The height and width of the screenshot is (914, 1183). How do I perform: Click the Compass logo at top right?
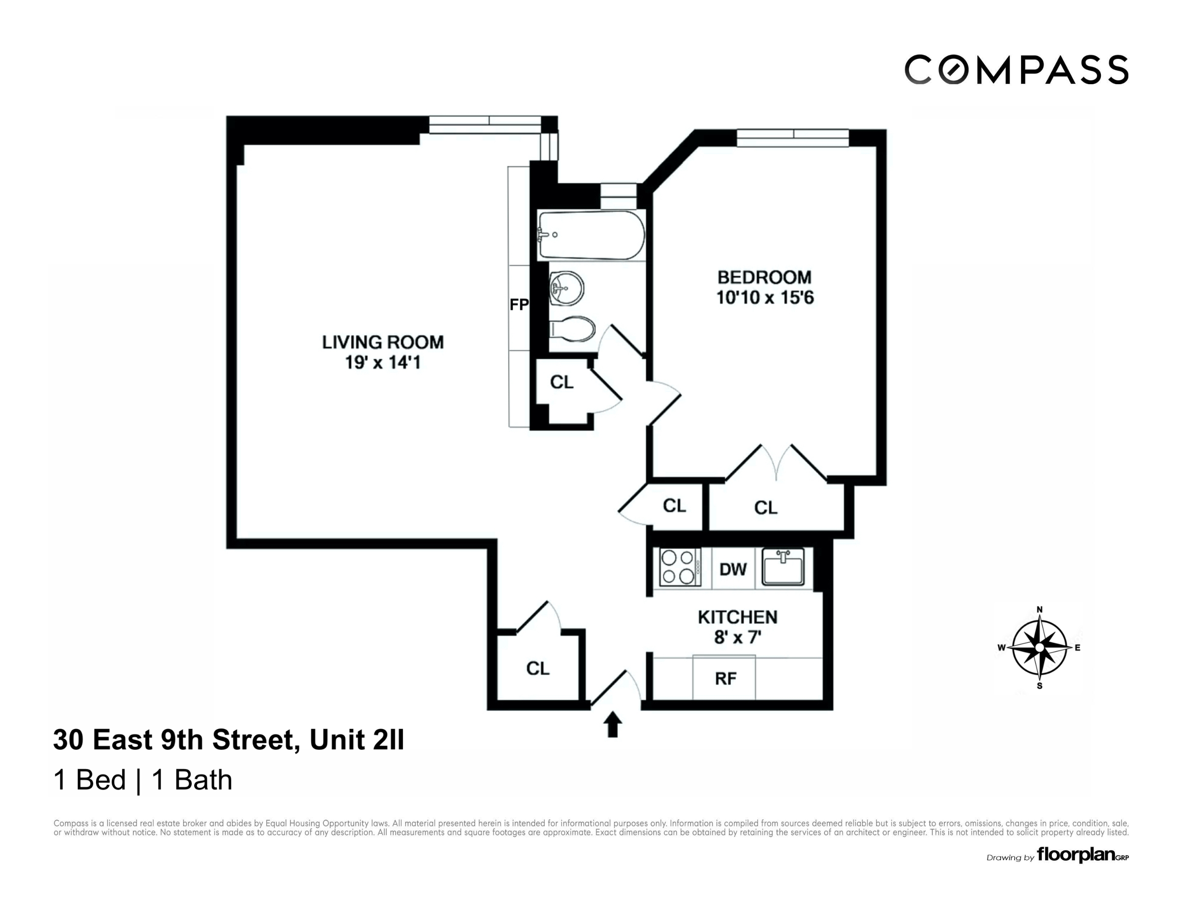pyautogui.click(x=1016, y=70)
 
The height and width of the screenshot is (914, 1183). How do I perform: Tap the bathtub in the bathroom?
pyautogui.click(x=591, y=236)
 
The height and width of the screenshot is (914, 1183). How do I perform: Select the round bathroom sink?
pyautogui.click(x=567, y=288)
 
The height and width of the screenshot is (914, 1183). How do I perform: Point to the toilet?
pyautogui.click(x=572, y=329)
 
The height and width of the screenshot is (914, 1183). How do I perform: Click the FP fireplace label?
pyautogui.click(x=518, y=305)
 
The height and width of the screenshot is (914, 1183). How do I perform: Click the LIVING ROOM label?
pyautogui.click(x=382, y=342)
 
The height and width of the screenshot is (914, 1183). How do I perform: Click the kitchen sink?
pyautogui.click(x=783, y=567)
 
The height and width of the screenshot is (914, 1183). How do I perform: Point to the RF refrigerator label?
pyautogui.click(x=725, y=679)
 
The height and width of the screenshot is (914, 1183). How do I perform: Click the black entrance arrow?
pyautogui.click(x=613, y=724)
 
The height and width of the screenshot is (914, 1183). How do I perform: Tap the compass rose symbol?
pyautogui.click(x=1039, y=647)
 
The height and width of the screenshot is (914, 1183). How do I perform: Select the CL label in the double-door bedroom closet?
pyautogui.click(x=765, y=508)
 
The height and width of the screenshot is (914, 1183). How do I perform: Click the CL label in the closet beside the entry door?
pyautogui.click(x=537, y=669)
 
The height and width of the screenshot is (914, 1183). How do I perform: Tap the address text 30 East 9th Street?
pyautogui.click(x=176, y=740)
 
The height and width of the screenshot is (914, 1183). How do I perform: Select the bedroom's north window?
pyautogui.click(x=792, y=138)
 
